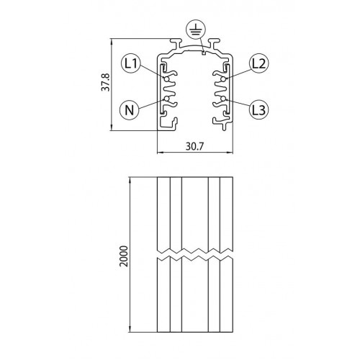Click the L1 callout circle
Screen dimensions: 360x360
130,63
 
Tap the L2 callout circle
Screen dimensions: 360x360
259,63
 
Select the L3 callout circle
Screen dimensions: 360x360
259,109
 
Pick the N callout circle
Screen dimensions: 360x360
129,110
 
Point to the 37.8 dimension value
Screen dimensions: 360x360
105,85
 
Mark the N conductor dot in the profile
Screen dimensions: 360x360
167,98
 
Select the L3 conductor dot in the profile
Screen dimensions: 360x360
224,97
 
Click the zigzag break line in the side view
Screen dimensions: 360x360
195,255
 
